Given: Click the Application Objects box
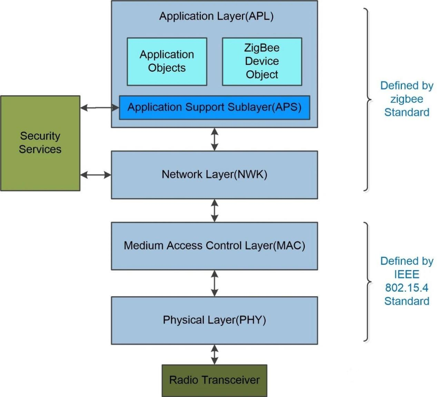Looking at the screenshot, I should [167, 61].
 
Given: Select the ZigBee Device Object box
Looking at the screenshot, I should [262, 61].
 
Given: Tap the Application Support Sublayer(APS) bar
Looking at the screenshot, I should [214, 108].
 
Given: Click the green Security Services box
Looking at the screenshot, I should [40, 143].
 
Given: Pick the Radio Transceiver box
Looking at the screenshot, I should [214, 380].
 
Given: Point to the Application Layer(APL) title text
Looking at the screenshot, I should [216, 16].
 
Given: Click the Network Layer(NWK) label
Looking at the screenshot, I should [214, 174].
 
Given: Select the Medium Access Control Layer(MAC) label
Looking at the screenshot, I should [214, 246].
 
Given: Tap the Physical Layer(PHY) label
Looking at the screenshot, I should [214, 320].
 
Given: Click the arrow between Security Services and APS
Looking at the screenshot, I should [100, 108].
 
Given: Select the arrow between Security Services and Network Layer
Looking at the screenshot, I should [96, 175].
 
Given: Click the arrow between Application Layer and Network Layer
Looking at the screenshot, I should [215, 139].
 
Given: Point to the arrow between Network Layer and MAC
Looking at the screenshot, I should [215, 210].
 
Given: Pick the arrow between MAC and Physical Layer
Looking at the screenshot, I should [215, 283].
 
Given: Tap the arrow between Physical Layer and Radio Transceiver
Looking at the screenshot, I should [215, 355].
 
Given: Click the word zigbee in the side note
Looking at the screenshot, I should [407, 99].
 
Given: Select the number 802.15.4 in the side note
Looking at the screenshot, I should [407, 288].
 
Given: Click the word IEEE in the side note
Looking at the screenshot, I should [407, 274].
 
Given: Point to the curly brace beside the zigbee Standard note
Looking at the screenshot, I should [368, 100].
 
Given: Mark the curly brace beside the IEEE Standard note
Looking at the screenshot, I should [368, 282].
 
